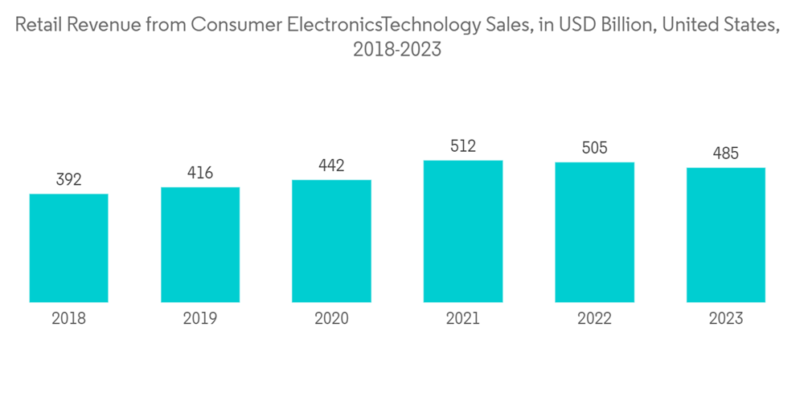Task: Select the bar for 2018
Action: pyautogui.click(x=69, y=247)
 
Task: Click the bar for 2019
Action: pyautogui.click(x=200, y=244)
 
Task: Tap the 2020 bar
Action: pyautogui.click(x=331, y=241)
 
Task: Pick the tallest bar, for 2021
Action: pyautogui.click(x=463, y=231)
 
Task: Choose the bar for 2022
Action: pyautogui.click(x=594, y=232)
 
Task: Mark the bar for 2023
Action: pyautogui.click(x=725, y=235)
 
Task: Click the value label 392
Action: pyautogui.click(x=69, y=180)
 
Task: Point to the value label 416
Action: pyautogui.click(x=200, y=173)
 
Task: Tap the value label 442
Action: pyautogui.click(x=331, y=166)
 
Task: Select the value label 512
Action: pyautogui.click(x=463, y=146)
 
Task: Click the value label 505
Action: pyautogui.click(x=594, y=148)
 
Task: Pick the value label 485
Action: pyautogui.click(x=725, y=153)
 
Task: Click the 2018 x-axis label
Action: pyautogui.click(x=69, y=319)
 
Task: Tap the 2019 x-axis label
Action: pyautogui.click(x=200, y=319)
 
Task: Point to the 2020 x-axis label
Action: pyautogui.click(x=331, y=319)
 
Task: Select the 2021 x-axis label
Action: pyautogui.click(x=463, y=319)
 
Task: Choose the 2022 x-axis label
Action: pyautogui.click(x=594, y=319)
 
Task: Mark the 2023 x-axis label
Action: pyautogui.click(x=725, y=319)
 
